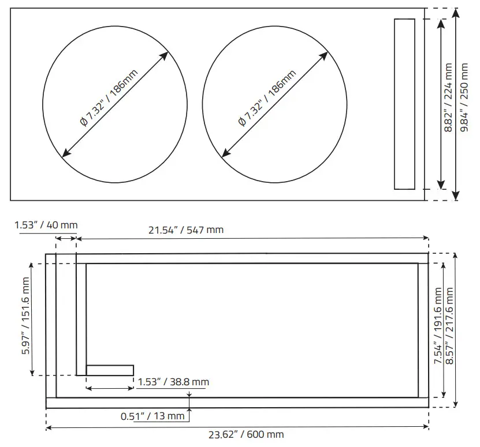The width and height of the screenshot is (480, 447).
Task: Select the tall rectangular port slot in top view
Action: [404, 104]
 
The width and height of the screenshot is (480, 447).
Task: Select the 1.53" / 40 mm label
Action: [46, 224]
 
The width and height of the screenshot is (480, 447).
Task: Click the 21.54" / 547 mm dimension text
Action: [186, 230]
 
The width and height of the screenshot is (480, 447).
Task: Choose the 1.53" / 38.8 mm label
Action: [173, 381]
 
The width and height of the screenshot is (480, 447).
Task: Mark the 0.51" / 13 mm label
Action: [152, 415]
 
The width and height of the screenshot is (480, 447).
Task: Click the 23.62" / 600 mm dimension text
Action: [246, 434]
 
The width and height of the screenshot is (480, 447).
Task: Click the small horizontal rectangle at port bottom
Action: [110, 370]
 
